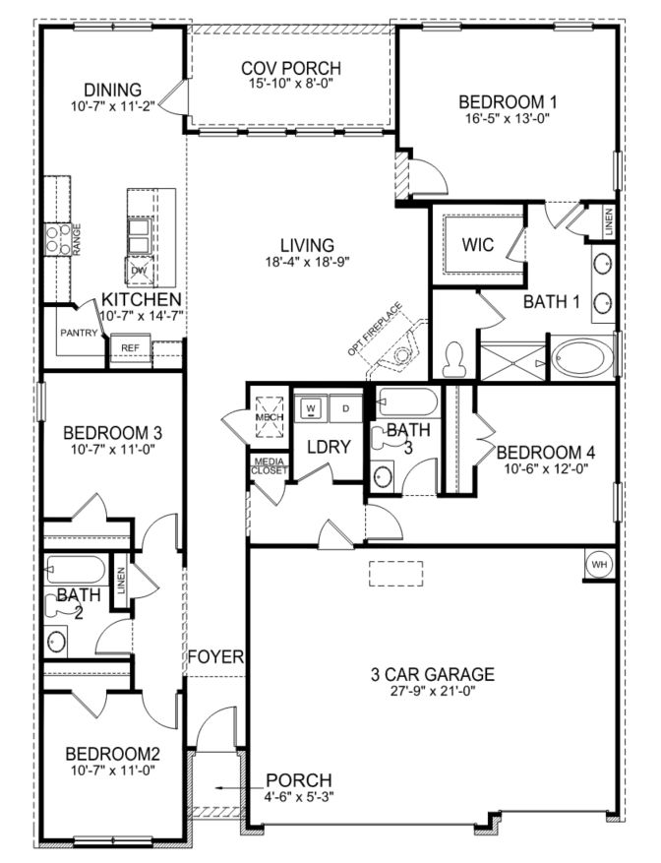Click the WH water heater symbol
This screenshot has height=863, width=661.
click(599, 564)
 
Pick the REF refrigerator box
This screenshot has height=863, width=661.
click(130, 348)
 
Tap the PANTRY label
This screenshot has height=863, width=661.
click(78, 334)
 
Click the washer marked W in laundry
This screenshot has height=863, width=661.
click(313, 406)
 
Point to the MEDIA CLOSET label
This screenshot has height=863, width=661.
click(269, 465)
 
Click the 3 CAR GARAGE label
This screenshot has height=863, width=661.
click(432, 675)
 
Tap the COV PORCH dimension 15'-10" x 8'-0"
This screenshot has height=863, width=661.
click(291, 86)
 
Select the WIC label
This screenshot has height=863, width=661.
click(478, 244)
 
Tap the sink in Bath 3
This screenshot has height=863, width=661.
click(385, 475)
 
